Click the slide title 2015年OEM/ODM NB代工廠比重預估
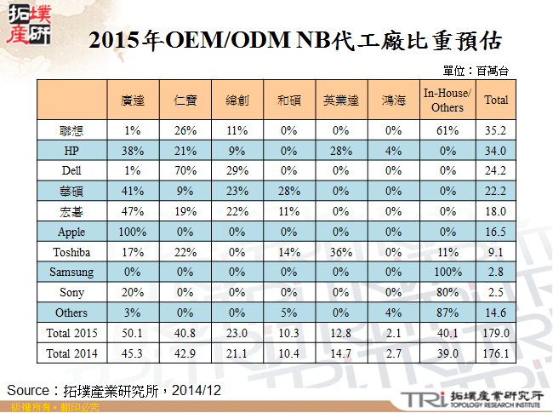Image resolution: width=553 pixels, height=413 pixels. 294,40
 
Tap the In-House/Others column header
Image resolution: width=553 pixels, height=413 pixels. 447,100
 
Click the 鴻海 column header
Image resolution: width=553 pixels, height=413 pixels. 393,100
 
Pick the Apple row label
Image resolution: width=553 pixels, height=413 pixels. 71,232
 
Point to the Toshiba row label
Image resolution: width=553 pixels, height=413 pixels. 71,253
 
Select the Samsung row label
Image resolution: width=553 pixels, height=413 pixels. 71,272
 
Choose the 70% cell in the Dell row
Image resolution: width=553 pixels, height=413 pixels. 185,170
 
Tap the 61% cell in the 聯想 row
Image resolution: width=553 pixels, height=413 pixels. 447,131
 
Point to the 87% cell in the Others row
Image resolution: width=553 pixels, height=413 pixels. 447,313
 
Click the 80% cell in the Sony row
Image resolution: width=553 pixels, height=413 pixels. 447,293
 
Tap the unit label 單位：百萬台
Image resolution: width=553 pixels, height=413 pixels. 476,71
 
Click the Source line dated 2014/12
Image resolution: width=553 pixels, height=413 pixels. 114,389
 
